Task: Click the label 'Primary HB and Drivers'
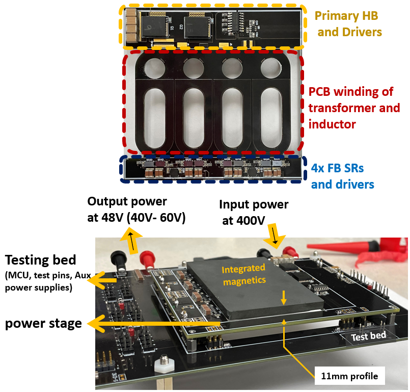tap(349, 24)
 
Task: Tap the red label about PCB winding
tap(354, 108)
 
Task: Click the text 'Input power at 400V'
tap(254, 212)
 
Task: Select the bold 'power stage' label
tap(43, 323)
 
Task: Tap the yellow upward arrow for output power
tap(131, 240)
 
